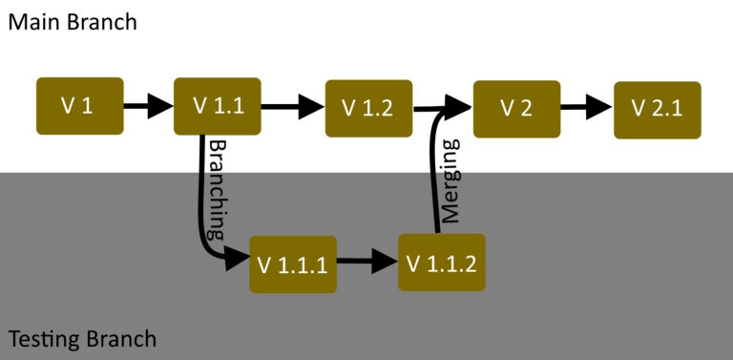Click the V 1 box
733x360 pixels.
79,105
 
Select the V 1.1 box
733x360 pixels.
217,105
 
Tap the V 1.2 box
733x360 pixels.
368,108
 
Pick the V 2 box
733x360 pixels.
515,107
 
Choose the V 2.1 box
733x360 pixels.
657,109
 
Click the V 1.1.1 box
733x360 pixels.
293,264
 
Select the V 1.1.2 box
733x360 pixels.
441,262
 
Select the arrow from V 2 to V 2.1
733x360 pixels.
585,107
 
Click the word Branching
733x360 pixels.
218,189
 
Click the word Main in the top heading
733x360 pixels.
36,21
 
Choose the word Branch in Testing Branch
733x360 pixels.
121,339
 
